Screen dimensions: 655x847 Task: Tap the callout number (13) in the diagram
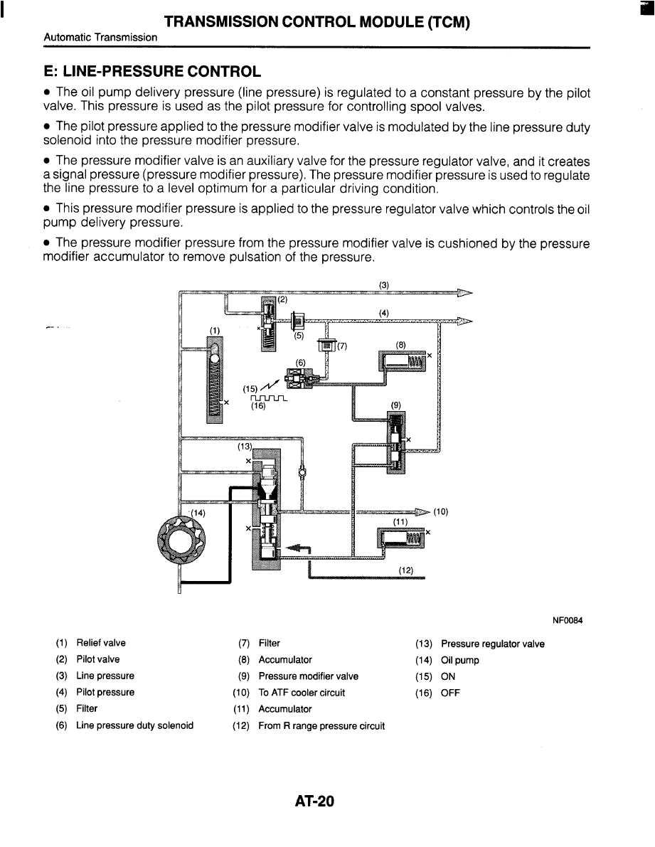(245, 446)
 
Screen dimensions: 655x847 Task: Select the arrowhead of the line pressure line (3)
(464, 293)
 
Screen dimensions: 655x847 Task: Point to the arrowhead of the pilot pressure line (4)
(464, 321)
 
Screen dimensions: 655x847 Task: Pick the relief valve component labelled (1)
(214, 380)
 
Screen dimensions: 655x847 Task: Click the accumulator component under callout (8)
(403, 361)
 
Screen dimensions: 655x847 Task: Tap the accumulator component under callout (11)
(400, 538)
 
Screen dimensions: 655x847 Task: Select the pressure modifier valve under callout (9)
(396, 442)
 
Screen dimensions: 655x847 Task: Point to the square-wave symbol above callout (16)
(268, 399)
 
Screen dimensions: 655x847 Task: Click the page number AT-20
(315, 801)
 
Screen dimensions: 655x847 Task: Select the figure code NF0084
(568, 620)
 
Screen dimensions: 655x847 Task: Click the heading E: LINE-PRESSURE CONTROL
(152, 71)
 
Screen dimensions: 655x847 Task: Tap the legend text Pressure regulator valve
(492, 644)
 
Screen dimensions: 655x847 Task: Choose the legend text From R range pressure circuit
(321, 726)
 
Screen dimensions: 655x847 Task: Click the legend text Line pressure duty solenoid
(134, 725)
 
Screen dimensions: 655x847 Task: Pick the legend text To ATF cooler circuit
(302, 693)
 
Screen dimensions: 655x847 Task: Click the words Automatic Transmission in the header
(100, 37)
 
